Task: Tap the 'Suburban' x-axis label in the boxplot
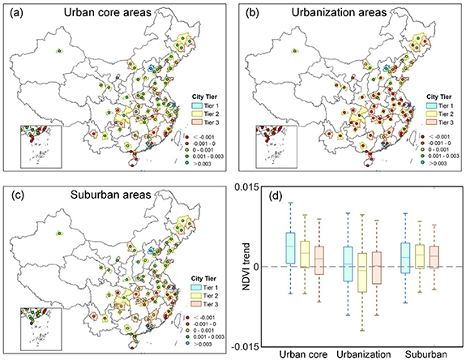(x=421, y=353)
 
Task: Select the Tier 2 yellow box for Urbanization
(x=362, y=272)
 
